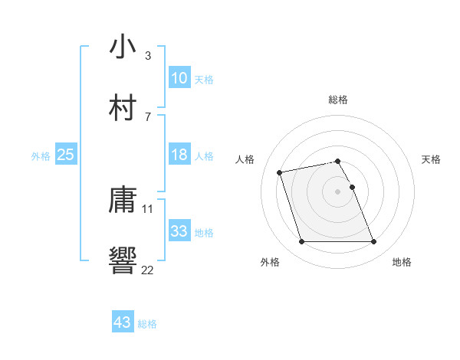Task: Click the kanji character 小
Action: (x=123, y=47)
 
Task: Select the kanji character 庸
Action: (x=123, y=201)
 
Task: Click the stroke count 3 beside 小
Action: (x=148, y=56)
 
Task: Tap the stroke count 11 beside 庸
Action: (x=148, y=208)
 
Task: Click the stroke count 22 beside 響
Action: (x=148, y=269)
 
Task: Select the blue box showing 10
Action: (x=179, y=77)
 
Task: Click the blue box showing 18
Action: (x=179, y=155)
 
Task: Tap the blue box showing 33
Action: (x=179, y=231)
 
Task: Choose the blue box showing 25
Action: (x=66, y=155)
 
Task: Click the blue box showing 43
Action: (x=123, y=322)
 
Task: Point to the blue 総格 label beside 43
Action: (x=148, y=324)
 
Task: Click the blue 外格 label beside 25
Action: (x=41, y=156)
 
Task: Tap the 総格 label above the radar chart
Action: (x=338, y=100)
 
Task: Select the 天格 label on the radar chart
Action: (x=432, y=159)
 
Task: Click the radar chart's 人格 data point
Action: (x=280, y=172)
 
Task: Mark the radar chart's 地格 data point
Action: (x=374, y=242)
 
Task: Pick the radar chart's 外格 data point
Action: (x=301, y=242)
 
